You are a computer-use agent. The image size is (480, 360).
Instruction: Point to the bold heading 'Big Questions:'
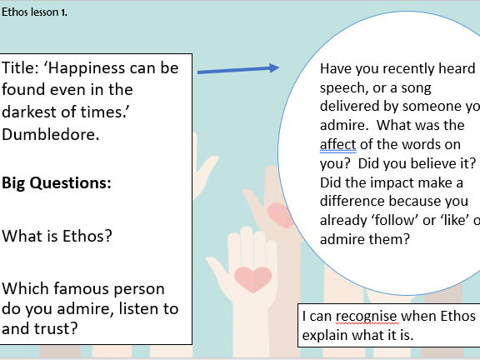point(57,182)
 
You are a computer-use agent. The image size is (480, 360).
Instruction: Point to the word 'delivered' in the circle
point(351,107)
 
